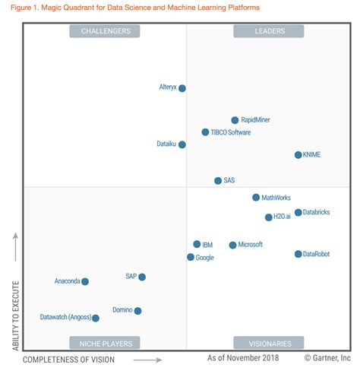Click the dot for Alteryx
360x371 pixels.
[182, 88]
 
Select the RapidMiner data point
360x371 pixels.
[235, 120]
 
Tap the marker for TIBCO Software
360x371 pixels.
[205, 132]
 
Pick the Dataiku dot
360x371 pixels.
[182, 144]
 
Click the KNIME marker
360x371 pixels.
[298, 155]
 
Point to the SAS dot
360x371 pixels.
[218, 181]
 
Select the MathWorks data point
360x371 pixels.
[256, 198]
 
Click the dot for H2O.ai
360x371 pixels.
[269, 217]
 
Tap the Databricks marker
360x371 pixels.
[298, 213]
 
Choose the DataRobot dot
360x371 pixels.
[298, 254]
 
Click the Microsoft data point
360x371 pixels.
[233, 246]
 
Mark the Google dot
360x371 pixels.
[191, 258]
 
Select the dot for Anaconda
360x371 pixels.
[85, 281]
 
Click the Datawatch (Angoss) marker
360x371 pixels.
[96, 319]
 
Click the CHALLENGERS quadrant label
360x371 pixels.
[105, 31]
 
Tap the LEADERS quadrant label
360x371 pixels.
[269, 31]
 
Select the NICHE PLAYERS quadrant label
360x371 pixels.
[105, 343]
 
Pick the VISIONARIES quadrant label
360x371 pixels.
[269, 343]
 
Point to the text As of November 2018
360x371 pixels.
[243, 358]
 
